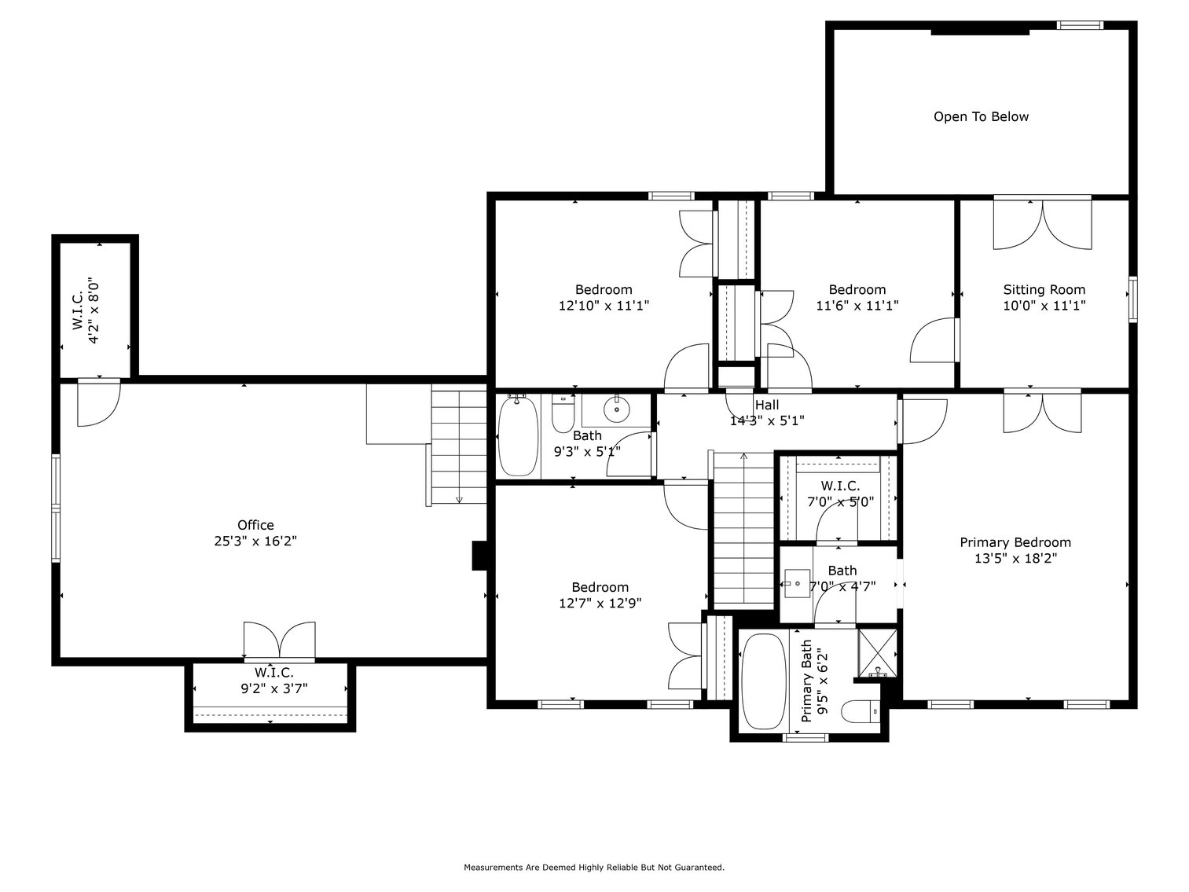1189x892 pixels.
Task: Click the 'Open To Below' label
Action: [x=980, y=117]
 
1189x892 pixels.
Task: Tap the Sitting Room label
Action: [x=1044, y=290]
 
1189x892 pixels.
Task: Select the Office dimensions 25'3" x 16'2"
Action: [x=255, y=541]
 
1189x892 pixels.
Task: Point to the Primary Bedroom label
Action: [x=1015, y=542]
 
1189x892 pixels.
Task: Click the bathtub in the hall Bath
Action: [x=518, y=436]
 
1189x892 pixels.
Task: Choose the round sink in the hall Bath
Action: [x=616, y=409]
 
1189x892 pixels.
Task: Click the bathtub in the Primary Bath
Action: [x=763, y=681]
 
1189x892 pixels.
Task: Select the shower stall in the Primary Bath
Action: [x=877, y=652]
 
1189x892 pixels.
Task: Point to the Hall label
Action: [x=767, y=405]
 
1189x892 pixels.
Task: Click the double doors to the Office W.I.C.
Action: [x=279, y=640]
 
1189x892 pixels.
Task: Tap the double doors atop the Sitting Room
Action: [x=1042, y=224]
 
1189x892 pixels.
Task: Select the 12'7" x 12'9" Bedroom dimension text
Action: [x=600, y=604]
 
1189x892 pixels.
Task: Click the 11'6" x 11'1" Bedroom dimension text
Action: [x=857, y=306]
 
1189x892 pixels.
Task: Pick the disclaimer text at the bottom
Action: [x=593, y=868]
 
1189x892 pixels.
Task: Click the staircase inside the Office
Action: [x=458, y=446]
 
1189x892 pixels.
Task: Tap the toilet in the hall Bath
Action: [x=563, y=414]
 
